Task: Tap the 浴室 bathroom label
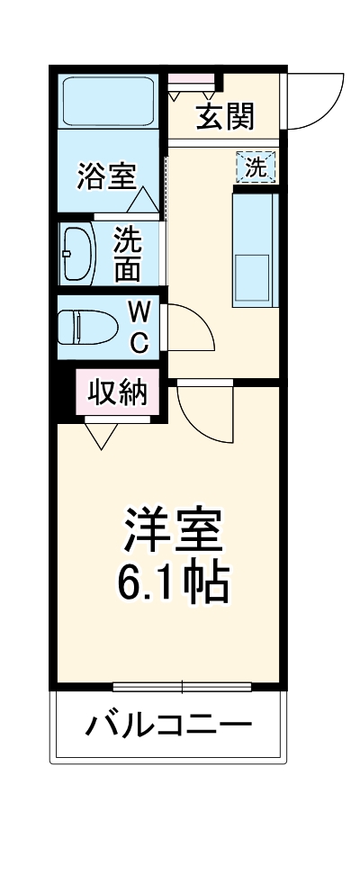pos(106,176)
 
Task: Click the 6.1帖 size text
pos(173,583)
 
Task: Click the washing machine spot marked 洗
pos(256,167)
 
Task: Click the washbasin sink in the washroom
pos(78,254)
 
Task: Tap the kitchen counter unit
pos(256,248)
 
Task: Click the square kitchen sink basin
pos(252,275)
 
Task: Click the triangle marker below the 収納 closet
pos(100,436)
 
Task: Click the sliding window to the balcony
pos(182,687)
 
